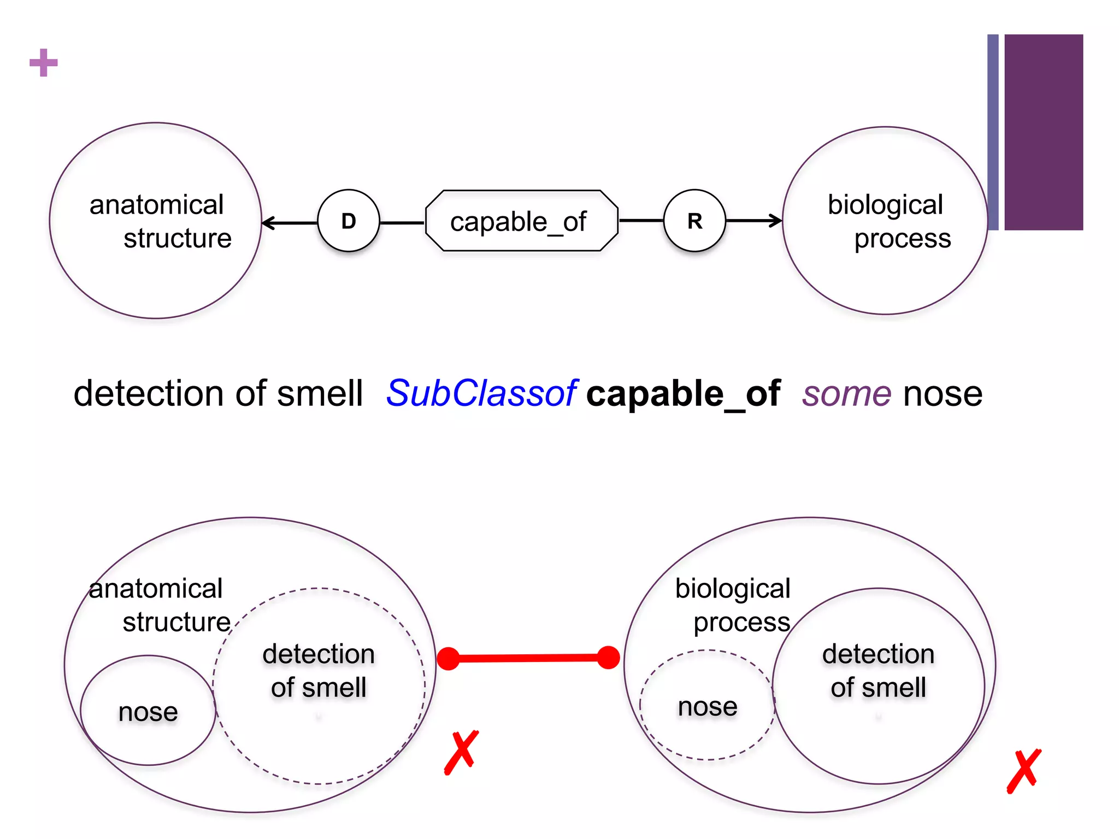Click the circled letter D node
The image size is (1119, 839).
tap(349, 221)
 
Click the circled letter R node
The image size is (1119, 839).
tap(694, 221)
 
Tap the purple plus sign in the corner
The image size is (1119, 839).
tap(44, 63)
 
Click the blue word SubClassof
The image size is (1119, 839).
tap(481, 393)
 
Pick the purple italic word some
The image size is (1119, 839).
tap(846, 393)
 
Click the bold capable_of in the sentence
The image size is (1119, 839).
tap(683, 393)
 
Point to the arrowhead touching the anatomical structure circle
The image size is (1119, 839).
tap(268, 223)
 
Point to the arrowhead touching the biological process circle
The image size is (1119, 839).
tap(776, 221)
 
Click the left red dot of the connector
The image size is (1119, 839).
tap(449, 659)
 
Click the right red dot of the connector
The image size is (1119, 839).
tap(608, 657)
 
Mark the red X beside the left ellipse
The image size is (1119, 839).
tap(462, 752)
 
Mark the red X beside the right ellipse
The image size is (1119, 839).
tap(1024, 771)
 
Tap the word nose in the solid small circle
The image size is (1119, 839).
tap(148, 712)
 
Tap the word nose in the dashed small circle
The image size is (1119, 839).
tap(708, 706)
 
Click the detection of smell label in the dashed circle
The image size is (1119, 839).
tap(319, 670)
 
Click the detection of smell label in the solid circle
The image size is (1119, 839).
tap(878, 670)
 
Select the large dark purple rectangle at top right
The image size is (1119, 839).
tap(1044, 132)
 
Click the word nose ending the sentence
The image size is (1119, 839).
tap(943, 393)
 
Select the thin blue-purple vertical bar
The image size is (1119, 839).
tap(993, 132)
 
